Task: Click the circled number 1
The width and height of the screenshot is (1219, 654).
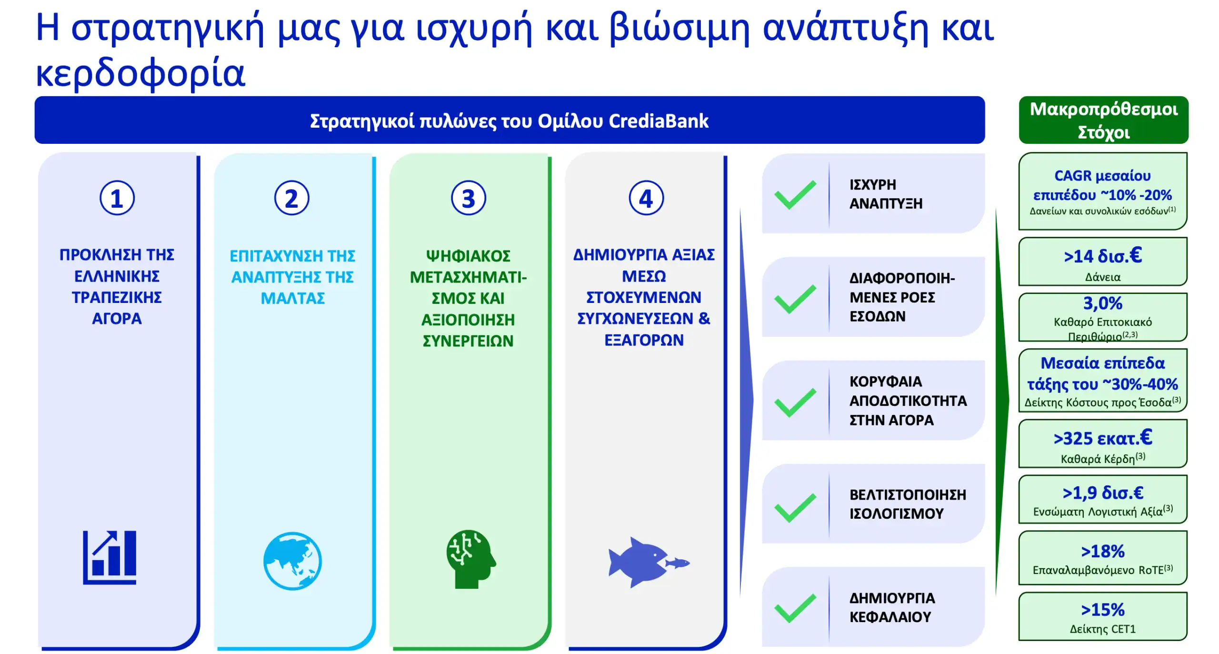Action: pos(117,198)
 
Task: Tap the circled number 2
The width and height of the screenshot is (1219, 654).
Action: pos(291,198)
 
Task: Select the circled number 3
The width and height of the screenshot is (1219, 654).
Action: pos(468,198)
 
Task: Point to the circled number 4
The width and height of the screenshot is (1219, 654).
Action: pos(646,198)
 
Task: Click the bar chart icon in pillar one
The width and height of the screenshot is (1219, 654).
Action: pos(110,557)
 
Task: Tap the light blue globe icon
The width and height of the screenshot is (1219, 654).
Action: pos(292,561)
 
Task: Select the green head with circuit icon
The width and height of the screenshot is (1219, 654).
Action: pos(470,559)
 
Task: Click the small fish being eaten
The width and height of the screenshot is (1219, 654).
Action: pos(677,563)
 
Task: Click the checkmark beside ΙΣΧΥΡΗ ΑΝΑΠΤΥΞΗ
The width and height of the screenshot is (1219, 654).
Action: pos(795,195)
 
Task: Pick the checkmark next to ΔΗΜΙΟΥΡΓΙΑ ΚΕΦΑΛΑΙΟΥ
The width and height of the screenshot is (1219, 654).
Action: pos(795,608)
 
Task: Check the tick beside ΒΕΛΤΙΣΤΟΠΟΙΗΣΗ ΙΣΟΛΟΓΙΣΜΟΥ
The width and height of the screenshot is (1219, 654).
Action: pos(795,507)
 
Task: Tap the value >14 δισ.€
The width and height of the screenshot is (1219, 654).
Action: pos(1102,256)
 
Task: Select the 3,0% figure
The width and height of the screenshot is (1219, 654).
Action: pos(1102,303)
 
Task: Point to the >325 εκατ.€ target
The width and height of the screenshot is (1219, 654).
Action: pos(1102,438)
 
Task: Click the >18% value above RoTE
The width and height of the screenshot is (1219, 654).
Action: pos(1102,551)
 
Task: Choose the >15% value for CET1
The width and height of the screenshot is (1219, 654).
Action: pos(1102,609)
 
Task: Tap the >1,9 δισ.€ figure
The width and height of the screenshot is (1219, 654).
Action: pos(1102,493)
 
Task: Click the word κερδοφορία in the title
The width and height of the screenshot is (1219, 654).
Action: pos(140,73)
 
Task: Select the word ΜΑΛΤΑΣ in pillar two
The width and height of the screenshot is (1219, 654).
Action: pos(292,298)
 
